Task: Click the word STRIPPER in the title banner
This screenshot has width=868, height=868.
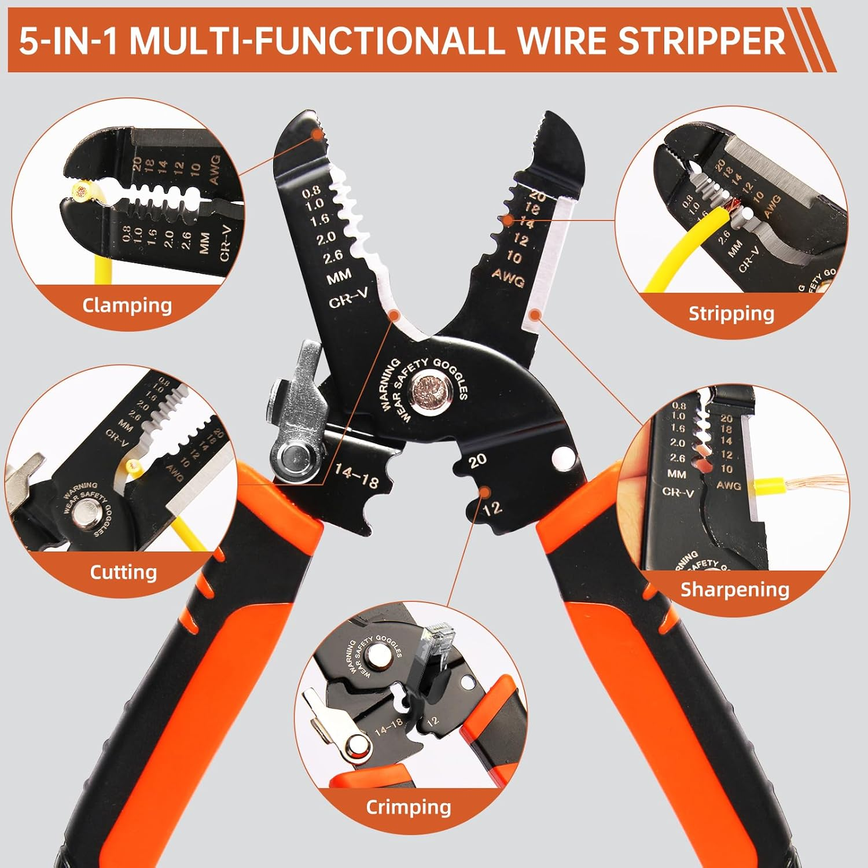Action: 701,41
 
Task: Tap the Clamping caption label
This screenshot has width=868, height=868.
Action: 127,305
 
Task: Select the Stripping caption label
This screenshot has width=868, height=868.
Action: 731,314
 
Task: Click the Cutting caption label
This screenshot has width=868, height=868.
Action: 123,572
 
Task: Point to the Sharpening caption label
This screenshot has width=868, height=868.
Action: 734,589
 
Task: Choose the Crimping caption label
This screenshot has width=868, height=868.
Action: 408,807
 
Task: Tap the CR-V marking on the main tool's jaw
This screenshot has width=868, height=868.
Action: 348,299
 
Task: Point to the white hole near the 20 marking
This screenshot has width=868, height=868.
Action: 561,459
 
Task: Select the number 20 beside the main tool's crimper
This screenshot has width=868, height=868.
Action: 477,461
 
